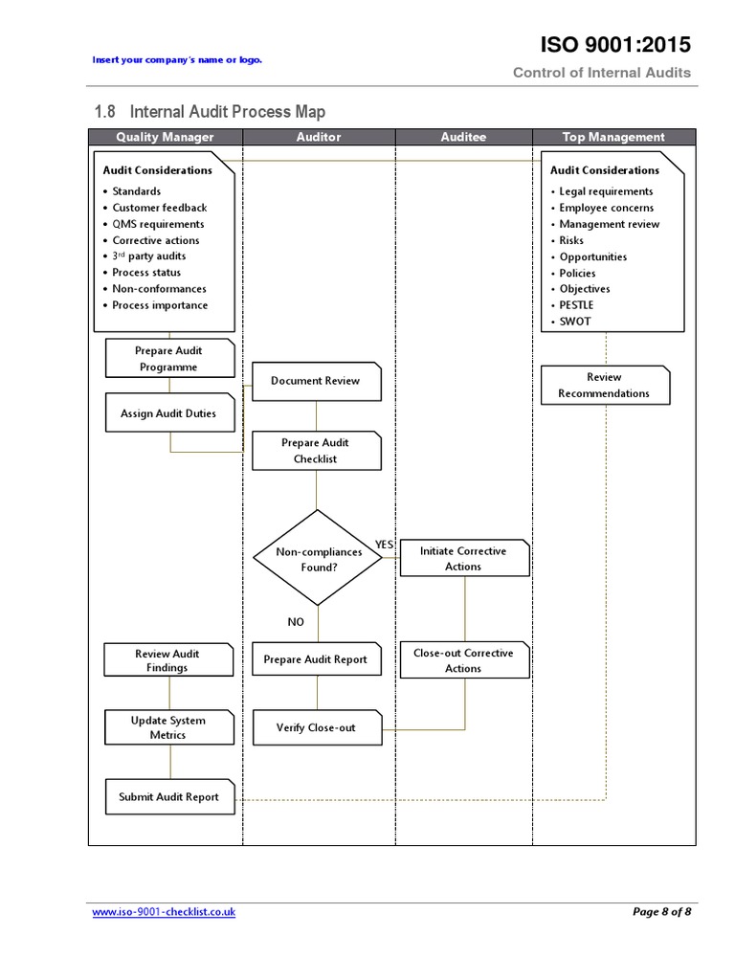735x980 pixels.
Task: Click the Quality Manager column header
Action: [x=165, y=137]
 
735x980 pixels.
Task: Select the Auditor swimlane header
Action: [x=318, y=137]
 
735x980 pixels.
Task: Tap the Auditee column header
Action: [x=463, y=137]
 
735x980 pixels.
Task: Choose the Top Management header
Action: [x=613, y=137]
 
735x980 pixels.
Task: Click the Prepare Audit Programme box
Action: [x=168, y=359]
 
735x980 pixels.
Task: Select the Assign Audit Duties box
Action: [x=168, y=413]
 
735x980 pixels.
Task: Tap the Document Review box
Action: [x=316, y=381]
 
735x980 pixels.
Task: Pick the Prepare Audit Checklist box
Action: [x=316, y=451]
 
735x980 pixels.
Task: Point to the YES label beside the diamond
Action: [x=384, y=545]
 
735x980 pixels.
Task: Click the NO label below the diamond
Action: [x=296, y=622]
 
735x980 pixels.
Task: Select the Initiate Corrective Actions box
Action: [x=463, y=559]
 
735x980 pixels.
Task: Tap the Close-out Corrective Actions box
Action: [x=463, y=660]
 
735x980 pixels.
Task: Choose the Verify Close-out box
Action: [x=316, y=728]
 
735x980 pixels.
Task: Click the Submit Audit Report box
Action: [x=169, y=797]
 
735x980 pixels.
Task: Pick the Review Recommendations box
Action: [x=604, y=385]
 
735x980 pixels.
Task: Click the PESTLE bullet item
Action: [x=576, y=305]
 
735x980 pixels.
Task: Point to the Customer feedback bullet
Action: [x=159, y=208]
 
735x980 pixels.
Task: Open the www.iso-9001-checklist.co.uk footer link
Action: [x=164, y=912]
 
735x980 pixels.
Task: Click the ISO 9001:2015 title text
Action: [x=615, y=45]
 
